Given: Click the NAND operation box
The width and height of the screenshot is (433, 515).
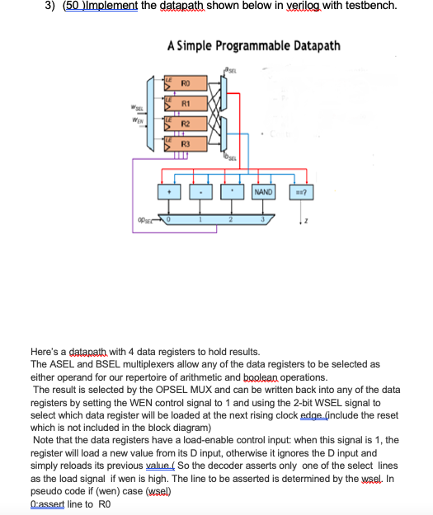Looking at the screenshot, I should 263,192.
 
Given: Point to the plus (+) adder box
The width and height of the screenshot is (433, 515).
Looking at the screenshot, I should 169,192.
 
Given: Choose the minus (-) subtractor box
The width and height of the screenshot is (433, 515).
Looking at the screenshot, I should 201,192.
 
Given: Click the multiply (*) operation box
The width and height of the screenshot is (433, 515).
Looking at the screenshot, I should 233,192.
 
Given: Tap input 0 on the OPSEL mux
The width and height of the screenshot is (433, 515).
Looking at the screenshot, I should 169,219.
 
